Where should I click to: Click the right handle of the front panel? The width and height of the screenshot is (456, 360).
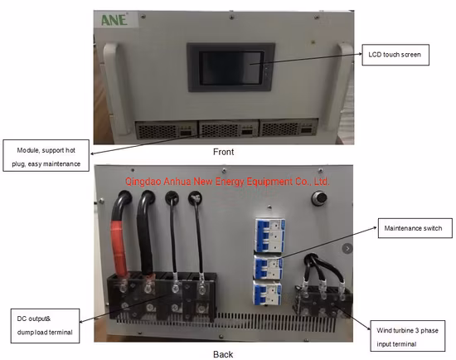346,83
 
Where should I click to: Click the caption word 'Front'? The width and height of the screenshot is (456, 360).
224,152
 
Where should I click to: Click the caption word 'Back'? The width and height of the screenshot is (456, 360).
224,353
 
